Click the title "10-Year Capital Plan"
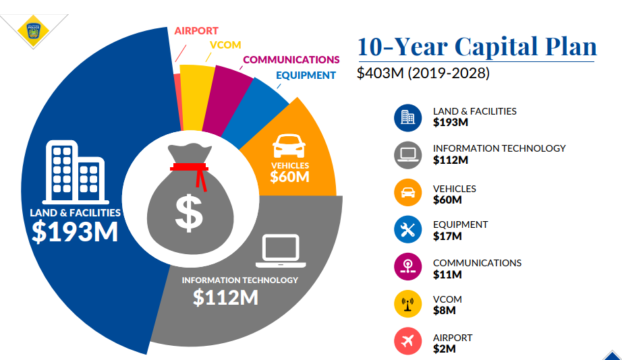coord(476,47)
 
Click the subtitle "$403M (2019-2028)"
coord(423,73)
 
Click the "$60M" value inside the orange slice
coord(289,177)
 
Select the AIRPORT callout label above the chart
coord(196,31)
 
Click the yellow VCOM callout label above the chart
coord(225,45)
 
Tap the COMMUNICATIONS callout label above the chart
coord(291,60)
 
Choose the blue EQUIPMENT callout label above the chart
coord(306,76)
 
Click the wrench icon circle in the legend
coord(407,230)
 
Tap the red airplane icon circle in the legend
coord(407,342)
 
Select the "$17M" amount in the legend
coord(447,236)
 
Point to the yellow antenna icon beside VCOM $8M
coord(407,304)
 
